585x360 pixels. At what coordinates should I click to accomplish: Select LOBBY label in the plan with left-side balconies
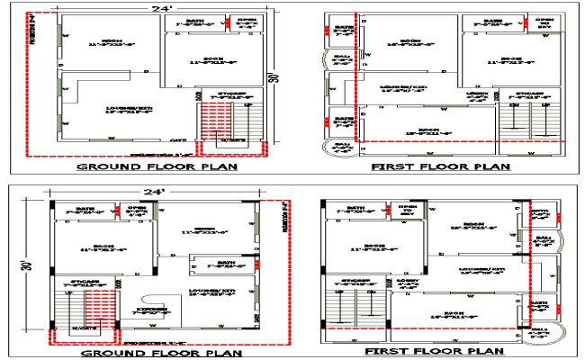477,95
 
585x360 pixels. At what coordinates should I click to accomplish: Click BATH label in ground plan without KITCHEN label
196,23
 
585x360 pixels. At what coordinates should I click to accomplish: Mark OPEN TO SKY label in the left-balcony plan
544,23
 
